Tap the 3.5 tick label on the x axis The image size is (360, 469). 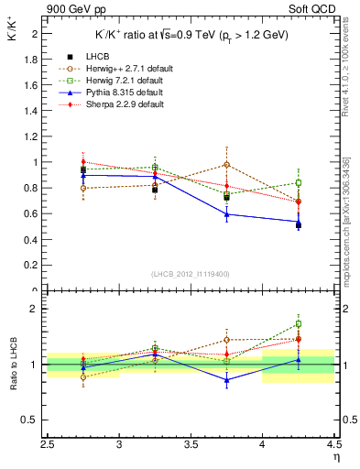pyautogui.click(x=191, y=446)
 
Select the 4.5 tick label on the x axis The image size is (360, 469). pyautogui.click(x=333, y=446)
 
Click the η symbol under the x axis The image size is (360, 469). pyautogui.click(x=335, y=458)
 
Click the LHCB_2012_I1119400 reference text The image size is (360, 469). pyautogui.click(x=190, y=274)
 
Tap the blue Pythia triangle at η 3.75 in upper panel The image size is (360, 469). pyautogui.click(x=227, y=214)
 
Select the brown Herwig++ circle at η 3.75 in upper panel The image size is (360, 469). pyautogui.click(x=227, y=165)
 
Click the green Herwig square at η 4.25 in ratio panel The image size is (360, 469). pyautogui.click(x=299, y=323)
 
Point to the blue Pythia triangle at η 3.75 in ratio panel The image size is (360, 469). pyautogui.click(x=227, y=379)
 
